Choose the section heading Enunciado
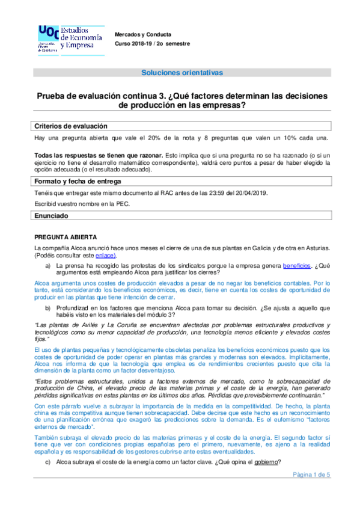(x=52, y=215)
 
